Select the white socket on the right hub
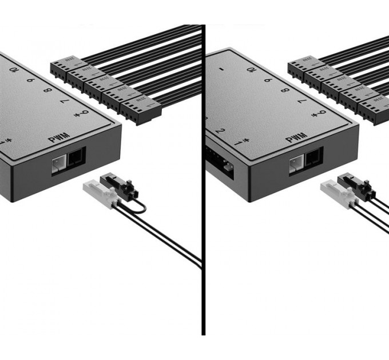pos(296,163)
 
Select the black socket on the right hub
pos(313,155)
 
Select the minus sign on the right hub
pos(221,70)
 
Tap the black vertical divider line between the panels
pos(203,229)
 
